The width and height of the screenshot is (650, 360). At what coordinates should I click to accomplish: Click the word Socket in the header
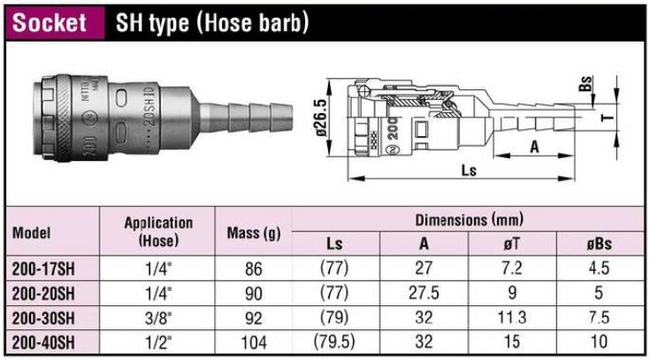tap(50, 22)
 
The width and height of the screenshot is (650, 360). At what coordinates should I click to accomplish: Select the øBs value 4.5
tap(599, 266)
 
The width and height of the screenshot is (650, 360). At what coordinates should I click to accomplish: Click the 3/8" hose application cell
tap(158, 316)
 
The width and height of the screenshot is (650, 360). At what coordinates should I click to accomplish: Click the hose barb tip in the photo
tap(281, 116)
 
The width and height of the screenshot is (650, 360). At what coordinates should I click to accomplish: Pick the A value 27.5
tap(425, 291)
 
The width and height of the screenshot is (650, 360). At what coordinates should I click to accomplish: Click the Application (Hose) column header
tap(158, 232)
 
